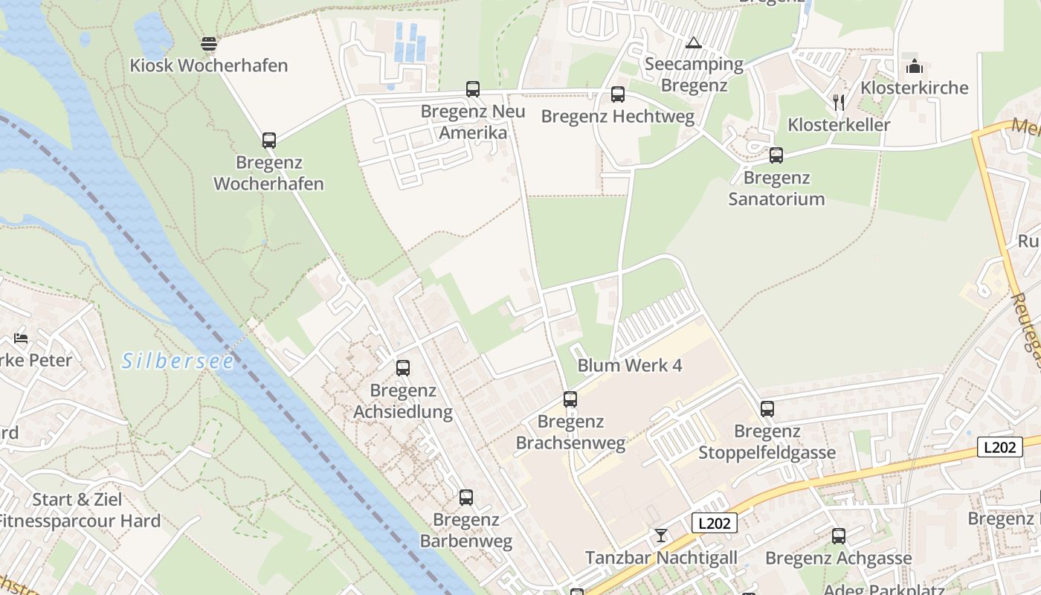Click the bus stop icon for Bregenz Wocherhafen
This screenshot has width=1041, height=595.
(269, 140)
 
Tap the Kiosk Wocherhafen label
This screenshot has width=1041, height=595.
(208, 65)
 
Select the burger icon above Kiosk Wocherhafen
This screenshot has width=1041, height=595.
(209, 43)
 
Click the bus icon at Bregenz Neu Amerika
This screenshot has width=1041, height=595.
(473, 89)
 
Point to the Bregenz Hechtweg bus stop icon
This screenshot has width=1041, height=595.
(618, 94)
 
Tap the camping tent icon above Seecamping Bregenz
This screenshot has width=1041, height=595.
(694, 42)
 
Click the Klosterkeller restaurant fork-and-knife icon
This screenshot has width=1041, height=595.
(839, 102)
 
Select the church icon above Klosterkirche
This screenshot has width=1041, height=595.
(914, 66)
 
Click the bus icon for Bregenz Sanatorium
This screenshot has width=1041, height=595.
(776, 155)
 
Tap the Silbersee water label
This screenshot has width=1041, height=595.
(178, 361)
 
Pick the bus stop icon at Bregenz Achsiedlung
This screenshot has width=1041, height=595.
(403, 367)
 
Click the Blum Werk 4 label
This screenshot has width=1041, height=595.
(630, 365)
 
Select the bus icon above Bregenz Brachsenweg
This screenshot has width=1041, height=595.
(570, 399)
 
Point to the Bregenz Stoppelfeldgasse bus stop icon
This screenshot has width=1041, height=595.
(767, 409)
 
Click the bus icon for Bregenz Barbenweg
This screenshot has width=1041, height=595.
(466, 498)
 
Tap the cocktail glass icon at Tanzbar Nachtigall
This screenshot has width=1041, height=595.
(661, 535)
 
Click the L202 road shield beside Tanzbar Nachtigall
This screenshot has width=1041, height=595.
(714, 523)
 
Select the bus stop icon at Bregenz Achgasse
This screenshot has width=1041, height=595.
(839, 535)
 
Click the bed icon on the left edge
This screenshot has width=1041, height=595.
(21, 338)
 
